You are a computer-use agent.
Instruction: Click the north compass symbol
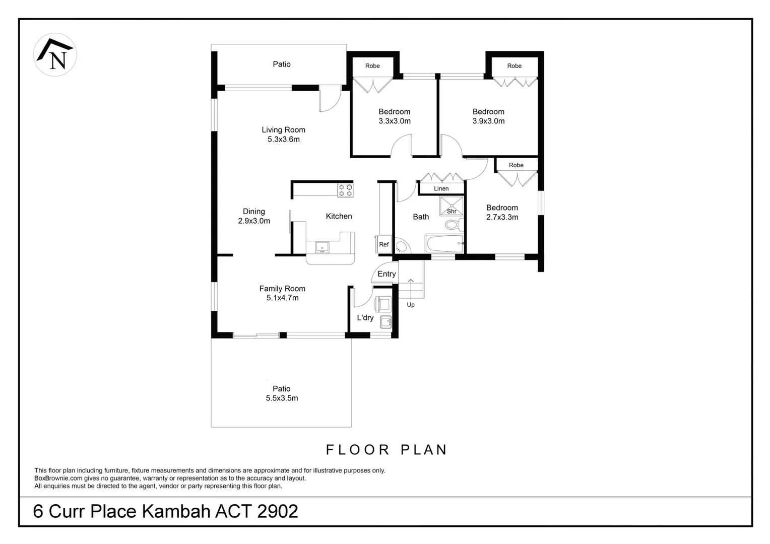coord(55,55)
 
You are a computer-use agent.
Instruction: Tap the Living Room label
coord(283,130)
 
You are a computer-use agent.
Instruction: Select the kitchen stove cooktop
coord(346,190)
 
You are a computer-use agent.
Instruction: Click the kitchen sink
coord(322,247)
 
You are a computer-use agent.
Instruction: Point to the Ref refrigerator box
coord(384,244)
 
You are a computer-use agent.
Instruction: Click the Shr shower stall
coord(452,206)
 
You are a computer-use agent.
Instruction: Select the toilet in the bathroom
coord(453,224)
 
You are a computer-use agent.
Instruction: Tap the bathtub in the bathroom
coord(444,244)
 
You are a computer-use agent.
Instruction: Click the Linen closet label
coord(441,188)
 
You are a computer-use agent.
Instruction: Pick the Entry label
coord(387,274)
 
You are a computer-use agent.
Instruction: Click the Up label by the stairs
coord(411,305)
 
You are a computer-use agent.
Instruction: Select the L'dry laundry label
coord(365,317)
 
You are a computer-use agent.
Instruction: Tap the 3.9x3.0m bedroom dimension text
coord(488,121)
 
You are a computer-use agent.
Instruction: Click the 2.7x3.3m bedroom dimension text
coord(502,217)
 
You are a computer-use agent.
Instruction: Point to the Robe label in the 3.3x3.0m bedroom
coord(372,66)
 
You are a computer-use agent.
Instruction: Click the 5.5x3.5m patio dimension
coord(282,398)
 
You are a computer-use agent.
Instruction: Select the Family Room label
coord(282,289)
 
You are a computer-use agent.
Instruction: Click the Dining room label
coord(253,212)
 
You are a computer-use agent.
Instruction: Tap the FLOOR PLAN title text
coord(387,450)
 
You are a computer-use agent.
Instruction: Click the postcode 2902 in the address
coord(277,511)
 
